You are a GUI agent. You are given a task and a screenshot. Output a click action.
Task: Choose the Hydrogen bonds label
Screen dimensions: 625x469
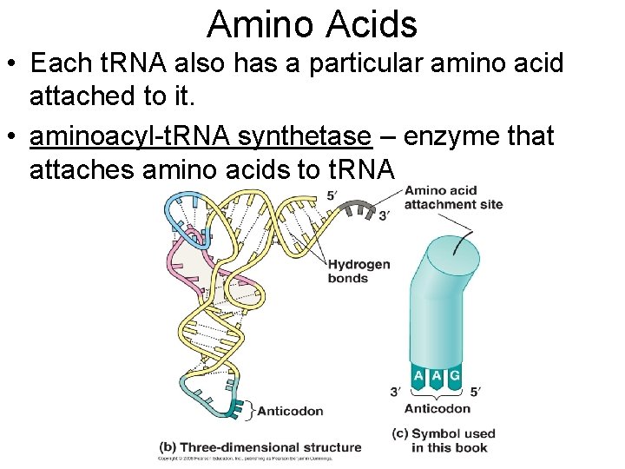pyautogui.click(x=359, y=271)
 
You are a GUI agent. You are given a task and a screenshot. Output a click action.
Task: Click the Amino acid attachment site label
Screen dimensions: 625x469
pyautogui.click(x=453, y=197)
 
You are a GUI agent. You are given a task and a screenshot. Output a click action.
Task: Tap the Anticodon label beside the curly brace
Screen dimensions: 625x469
pyautogui.click(x=290, y=411)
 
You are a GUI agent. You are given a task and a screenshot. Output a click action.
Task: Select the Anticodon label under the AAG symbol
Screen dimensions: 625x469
pyautogui.click(x=437, y=408)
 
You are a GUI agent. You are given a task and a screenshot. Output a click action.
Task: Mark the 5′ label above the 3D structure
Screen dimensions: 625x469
pyautogui.click(x=332, y=195)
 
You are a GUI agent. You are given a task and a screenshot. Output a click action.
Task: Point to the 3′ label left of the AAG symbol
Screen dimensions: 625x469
pyautogui.click(x=396, y=392)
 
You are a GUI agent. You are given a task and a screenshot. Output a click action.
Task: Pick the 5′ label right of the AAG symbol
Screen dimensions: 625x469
pyautogui.click(x=473, y=392)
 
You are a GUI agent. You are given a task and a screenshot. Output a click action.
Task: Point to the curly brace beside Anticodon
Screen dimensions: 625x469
pyautogui.click(x=251, y=409)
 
